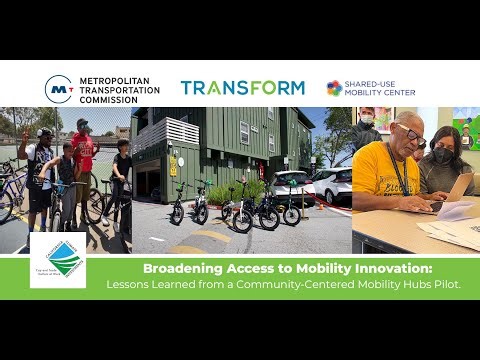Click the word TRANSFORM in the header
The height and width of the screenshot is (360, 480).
[242, 88]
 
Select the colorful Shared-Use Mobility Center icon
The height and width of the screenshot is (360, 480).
[334, 88]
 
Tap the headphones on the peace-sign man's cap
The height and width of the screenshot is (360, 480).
[44, 132]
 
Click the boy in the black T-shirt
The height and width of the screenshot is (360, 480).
[122, 170]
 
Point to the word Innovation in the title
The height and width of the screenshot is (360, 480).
[418, 268]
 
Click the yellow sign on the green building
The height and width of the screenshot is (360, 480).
[173, 165]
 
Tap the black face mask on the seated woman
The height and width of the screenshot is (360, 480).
[442, 155]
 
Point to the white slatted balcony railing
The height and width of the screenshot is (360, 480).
[152, 135]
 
